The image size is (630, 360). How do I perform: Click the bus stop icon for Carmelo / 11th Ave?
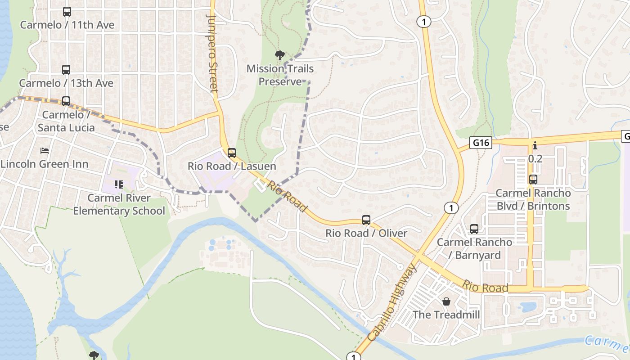tap(67, 12)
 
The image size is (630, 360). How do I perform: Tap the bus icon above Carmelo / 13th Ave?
tap(66, 70)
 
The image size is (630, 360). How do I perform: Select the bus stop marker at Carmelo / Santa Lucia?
tap(66, 101)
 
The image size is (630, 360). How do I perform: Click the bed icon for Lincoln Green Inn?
tap(44, 150)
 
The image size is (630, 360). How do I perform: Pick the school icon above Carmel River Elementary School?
tap(119, 184)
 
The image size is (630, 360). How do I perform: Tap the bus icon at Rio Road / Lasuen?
tap(232, 153)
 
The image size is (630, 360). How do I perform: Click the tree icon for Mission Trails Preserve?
tap(279, 55)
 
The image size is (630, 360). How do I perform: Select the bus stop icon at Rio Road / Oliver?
tap(366, 220)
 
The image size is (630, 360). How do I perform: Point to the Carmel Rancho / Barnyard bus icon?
tap(474, 229)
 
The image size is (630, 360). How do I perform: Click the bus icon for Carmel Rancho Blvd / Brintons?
tap(533, 179)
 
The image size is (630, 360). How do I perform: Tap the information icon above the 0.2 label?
tap(535, 145)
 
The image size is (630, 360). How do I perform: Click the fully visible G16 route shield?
tap(481, 143)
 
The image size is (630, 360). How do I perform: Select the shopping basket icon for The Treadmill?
tap(446, 301)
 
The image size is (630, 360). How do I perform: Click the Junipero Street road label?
tap(212, 53)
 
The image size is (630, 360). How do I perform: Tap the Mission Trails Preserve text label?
tap(280, 75)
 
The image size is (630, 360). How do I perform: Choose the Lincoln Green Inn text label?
tap(44, 164)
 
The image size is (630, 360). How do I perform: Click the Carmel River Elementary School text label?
tap(119, 204)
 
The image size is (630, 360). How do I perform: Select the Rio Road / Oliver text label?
tap(366, 233)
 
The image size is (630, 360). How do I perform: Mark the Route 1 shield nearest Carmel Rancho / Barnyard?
tap(450, 207)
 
